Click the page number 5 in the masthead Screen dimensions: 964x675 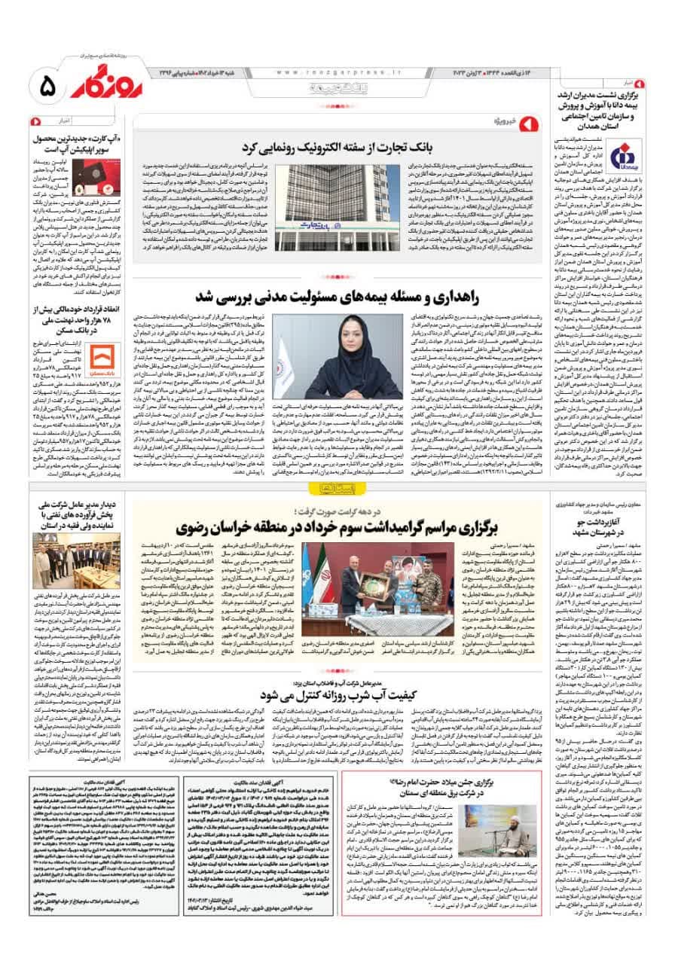click(47, 84)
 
